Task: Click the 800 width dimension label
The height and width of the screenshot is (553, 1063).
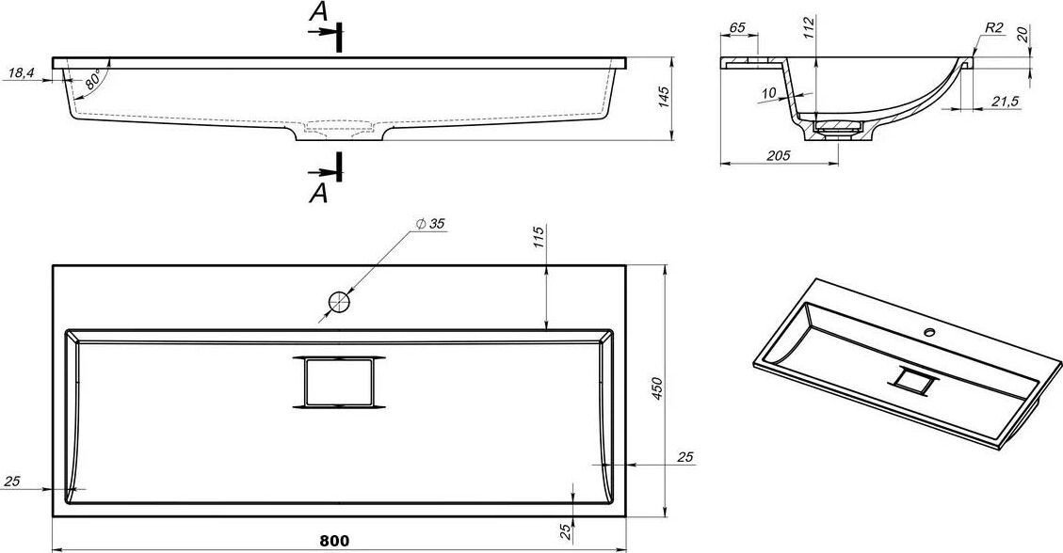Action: point(334,540)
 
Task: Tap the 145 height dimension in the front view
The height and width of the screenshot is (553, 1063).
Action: point(664,99)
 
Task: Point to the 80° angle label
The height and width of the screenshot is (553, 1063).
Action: point(93,80)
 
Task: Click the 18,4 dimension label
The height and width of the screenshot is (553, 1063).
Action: point(22,73)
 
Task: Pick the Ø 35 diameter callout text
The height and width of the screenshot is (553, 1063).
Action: point(432,224)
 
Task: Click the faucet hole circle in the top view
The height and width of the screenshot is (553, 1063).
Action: point(339,302)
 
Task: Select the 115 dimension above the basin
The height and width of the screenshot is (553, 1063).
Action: point(539,238)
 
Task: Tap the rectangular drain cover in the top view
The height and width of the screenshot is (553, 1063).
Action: point(339,383)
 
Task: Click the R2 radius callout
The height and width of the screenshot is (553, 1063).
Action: point(994,28)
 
